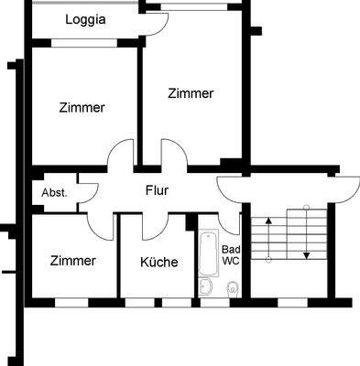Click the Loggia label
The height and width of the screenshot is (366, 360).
click(86, 19)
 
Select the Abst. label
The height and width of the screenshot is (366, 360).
click(54, 193)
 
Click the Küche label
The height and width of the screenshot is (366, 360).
click(159, 262)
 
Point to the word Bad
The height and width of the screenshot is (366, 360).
click(231, 249)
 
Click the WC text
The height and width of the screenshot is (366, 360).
click(231, 261)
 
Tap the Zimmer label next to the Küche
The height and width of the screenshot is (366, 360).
click(73, 261)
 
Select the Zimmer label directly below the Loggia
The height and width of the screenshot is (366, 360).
click(82, 107)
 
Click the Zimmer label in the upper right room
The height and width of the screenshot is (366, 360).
click(191, 93)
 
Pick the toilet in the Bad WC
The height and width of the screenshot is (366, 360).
click(232, 288)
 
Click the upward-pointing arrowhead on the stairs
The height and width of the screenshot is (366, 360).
click(267, 221)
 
